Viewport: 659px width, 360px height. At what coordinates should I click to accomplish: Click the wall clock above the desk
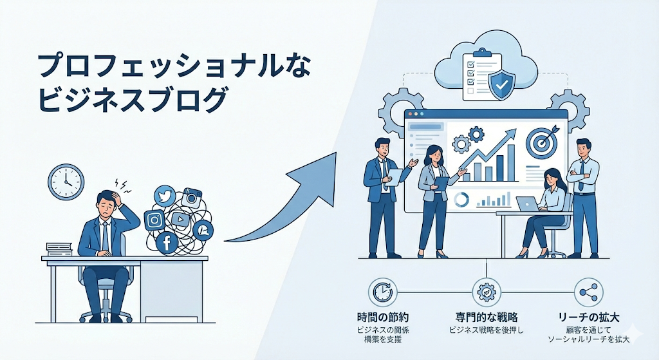(x=66, y=182)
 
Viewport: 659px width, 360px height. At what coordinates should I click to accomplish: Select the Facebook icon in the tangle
(x=167, y=242)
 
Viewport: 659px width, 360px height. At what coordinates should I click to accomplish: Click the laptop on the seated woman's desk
(x=528, y=204)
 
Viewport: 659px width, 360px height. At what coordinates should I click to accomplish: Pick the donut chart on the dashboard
(x=461, y=200)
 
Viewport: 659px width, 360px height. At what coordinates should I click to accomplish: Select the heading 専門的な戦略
(x=485, y=317)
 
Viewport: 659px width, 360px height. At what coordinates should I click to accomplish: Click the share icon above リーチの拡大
(x=587, y=293)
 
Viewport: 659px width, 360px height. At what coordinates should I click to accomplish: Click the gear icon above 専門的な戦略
(x=485, y=293)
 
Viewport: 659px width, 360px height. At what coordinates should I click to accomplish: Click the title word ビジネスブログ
(x=133, y=100)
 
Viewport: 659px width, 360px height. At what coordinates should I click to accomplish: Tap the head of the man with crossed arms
(x=583, y=148)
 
